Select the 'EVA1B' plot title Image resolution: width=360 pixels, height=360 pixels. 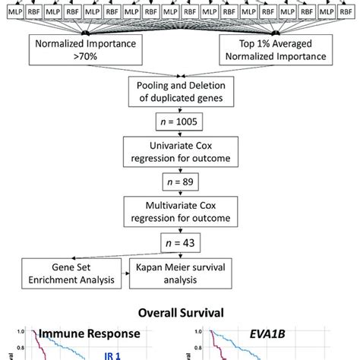(270, 332)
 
